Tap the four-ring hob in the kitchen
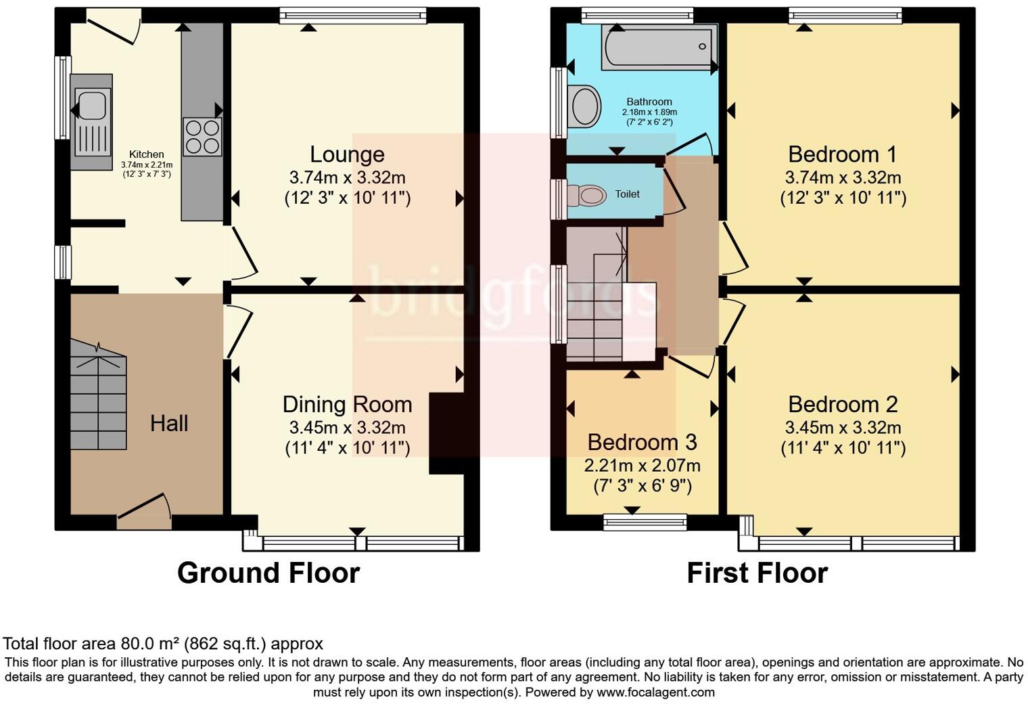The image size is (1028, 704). point(202,137)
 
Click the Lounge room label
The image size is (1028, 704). point(347,154)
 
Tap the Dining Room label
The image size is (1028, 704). point(347,404)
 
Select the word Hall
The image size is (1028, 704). point(169,424)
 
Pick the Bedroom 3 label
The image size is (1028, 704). point(642,442)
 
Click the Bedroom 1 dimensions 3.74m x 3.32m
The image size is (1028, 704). point(843,178)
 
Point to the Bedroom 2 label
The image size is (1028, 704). point(843,404)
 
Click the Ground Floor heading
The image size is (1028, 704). point(268,573)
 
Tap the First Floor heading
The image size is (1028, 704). point(757,573)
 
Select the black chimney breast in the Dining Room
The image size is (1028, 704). point(446,432)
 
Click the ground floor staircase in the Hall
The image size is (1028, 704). point(99,396)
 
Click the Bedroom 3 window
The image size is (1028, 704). point(645,521)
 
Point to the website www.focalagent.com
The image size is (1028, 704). point(655,692)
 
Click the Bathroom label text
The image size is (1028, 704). point(649,102)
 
